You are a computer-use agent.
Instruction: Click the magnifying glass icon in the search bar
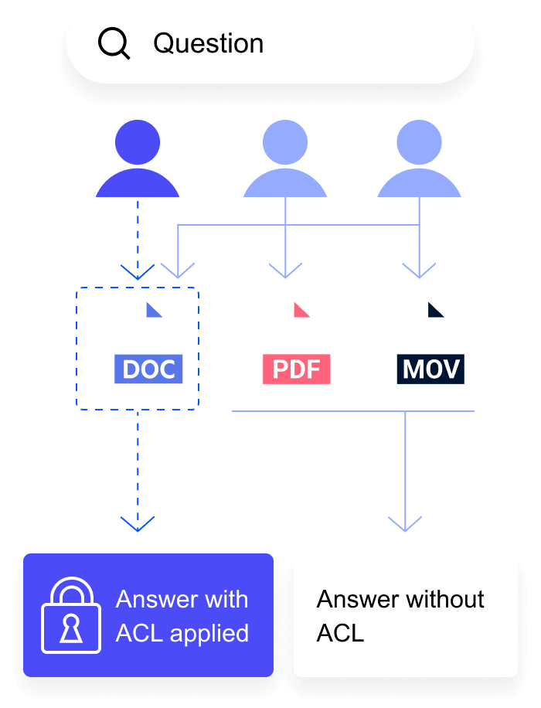click(x=114, y=43)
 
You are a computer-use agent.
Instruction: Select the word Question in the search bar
click(x=208, y=43)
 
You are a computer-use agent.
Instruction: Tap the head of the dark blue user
click(x=138, y=144)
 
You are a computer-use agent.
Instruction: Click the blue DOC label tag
click(x=149, y=369)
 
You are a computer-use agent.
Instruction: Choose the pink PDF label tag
click(x=297, y=369)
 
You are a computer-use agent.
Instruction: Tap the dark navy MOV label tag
click(x=431, y=369)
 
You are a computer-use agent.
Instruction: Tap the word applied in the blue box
click(x=209, y=634)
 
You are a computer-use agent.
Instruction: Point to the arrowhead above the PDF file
click(x=285, y=271)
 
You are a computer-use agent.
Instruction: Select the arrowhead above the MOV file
click(x=419, y=271)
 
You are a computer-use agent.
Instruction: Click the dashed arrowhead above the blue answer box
click(x=138, y=524)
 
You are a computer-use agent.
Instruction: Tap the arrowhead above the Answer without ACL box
click(x=405, y=524)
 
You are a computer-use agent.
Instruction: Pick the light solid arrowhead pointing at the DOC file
click(x=179, y=271)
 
